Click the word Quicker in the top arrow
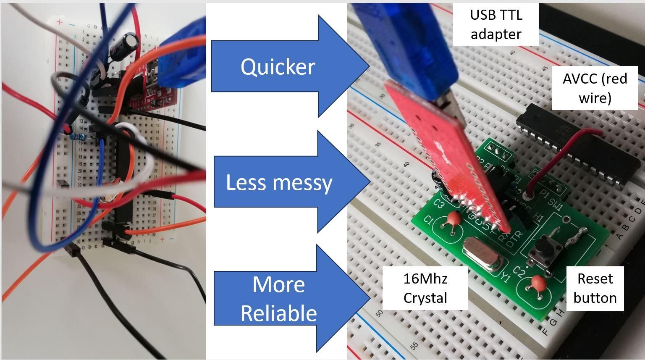[x=278, y=67]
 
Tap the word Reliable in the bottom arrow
[x=278, y=313]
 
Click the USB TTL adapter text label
[x=496, y=24]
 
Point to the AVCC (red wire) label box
[x=595, y=88]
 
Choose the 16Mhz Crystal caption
[x=425, y=288]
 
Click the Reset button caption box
[x=595, y=288]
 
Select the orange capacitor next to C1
[x=453, y=219]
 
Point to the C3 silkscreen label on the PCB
[x=439, y=204]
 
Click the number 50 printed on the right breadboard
[x=380, y=313]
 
